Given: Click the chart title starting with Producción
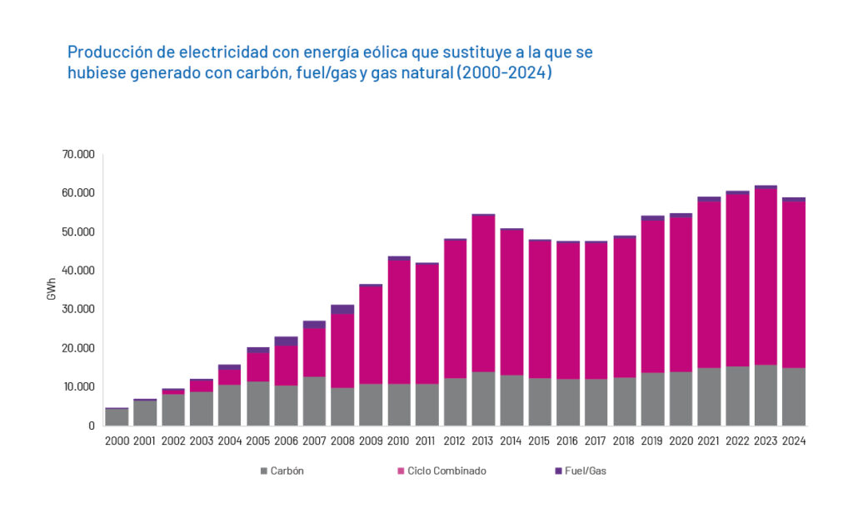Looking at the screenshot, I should [330, 62].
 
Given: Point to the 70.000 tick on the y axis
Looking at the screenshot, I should [78, 154].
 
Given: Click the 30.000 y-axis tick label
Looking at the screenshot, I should [78, 309].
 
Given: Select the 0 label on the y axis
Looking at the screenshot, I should [91, 426].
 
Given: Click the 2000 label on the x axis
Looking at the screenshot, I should [117, 441].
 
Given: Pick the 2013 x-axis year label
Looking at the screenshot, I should [482, 441].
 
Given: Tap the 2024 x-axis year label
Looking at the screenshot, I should [793, 441].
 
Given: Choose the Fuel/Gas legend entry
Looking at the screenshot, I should [586, 471].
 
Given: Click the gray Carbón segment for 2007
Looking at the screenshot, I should [314, 401].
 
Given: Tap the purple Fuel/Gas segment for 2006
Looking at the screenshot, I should [286, 341].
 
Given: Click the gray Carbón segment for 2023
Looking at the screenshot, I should [766, 395].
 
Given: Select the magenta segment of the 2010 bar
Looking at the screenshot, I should [398, 321].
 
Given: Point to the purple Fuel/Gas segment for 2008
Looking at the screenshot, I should [342, 309].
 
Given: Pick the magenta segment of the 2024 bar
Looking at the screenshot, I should [794, 284].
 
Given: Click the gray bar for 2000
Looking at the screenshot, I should [117, 416].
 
